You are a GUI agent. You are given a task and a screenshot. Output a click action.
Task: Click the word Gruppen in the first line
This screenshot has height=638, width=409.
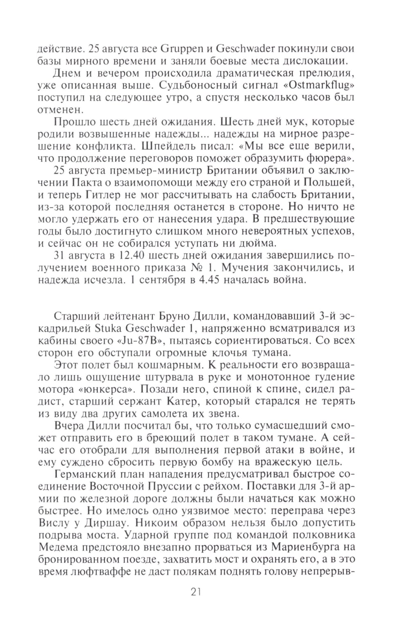(x=180, y=49)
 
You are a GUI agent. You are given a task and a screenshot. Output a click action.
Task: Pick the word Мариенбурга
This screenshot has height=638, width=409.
(x=295, y=547)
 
